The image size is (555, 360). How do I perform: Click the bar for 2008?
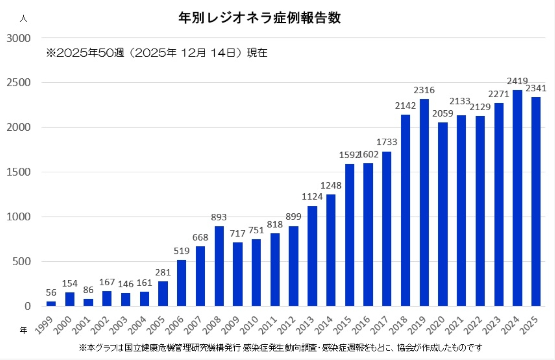point(219,266)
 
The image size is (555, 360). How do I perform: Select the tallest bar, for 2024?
point(517,198)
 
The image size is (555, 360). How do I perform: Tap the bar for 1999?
point(51,304)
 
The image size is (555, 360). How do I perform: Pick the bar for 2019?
point(424,202)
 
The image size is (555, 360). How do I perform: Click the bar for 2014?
point(331,250)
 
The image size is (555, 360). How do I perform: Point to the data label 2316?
point(424,90)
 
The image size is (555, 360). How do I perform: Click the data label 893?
point(219,217)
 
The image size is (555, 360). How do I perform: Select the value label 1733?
point(386,142)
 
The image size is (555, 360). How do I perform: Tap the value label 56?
point(51,292)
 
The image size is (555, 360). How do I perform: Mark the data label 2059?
point(442,114)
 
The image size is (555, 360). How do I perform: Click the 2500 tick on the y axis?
point(19,83)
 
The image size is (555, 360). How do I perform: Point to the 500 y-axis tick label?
point(21,262)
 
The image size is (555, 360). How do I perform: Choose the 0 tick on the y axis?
point(28,306)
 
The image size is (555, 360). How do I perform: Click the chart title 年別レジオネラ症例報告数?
point(259,17)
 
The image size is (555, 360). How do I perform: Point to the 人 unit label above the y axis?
point(24,19)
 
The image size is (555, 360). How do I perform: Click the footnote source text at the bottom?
point(280,348)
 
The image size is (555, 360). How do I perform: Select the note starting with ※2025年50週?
point(157,53)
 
